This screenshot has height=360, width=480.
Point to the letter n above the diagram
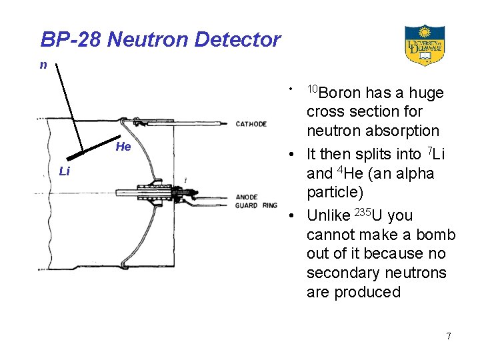point(43,65)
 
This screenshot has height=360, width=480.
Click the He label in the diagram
point(123,147)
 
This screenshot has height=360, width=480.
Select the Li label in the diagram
point(64,171)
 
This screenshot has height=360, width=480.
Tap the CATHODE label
point(251,124)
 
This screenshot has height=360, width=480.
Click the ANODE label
point(247,197)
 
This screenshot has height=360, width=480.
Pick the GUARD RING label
point(257,205)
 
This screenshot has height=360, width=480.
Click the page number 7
point(449,336)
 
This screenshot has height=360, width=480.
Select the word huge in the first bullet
point(426,93)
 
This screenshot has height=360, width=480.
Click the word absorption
point(406,131)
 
